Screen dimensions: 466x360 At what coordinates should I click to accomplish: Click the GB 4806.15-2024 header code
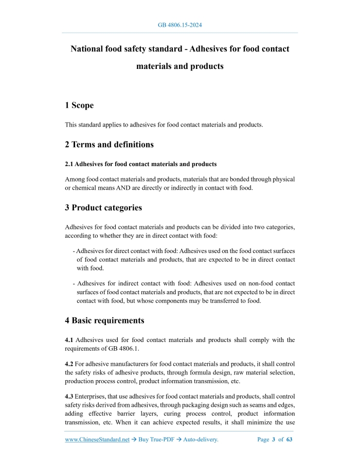(x=179, y=24)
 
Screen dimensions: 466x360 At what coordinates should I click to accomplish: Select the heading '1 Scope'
(x=79, y=105)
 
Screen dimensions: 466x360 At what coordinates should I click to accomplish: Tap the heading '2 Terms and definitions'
(x=109, y=145)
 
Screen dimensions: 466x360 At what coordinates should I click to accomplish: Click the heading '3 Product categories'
(x=103, y=208)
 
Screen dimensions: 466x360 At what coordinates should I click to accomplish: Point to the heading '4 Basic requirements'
(x=104, y=320)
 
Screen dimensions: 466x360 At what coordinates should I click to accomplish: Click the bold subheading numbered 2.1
(x=140, y=164)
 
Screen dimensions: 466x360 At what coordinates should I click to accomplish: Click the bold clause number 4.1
(x=70, y=340)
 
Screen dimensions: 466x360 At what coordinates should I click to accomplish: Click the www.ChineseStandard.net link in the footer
(x=97, y=440)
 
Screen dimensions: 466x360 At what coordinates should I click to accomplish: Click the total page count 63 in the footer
(x=289, y=440)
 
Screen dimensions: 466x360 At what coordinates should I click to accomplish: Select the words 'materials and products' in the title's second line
(x=179, y=66)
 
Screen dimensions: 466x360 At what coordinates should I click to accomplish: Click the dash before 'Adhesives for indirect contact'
(x=75, y=283)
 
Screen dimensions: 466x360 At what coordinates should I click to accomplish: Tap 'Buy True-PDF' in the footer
(x=155, y=440)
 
